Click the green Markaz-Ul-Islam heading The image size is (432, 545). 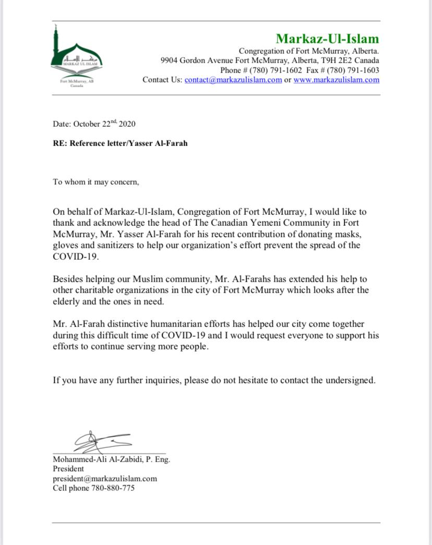(x=327, y=39)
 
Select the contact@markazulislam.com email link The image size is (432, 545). (x=233, y=80)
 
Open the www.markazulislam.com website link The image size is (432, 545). (x=336, y=80)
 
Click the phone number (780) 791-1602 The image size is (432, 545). (x=275, y=70)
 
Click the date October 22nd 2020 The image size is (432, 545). (x=104, y=124)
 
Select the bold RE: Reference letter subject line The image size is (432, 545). (x=120, y=143)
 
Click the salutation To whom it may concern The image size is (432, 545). (x=96, y=182)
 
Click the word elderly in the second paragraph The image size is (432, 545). (x=67, y=301)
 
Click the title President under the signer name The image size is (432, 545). (x=68, y=469)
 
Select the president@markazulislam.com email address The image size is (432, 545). (x=105, y=478)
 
